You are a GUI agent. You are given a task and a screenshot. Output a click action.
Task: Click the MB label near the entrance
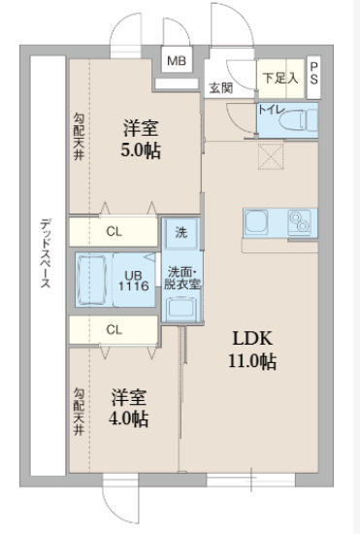(176, 61)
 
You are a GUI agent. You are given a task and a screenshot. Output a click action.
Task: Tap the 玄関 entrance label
(219, 87)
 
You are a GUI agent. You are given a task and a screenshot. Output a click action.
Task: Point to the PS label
(314, 73)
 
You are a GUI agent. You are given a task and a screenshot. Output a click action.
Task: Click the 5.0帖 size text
(142, 150)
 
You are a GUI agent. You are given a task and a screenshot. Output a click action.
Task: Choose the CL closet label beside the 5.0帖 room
(115, 231)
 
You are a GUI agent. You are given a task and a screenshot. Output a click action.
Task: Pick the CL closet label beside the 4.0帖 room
(115, 329)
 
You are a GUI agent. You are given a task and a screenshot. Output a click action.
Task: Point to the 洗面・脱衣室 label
(180, 278)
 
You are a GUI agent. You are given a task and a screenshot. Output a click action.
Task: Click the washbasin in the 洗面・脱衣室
(180, 310)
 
